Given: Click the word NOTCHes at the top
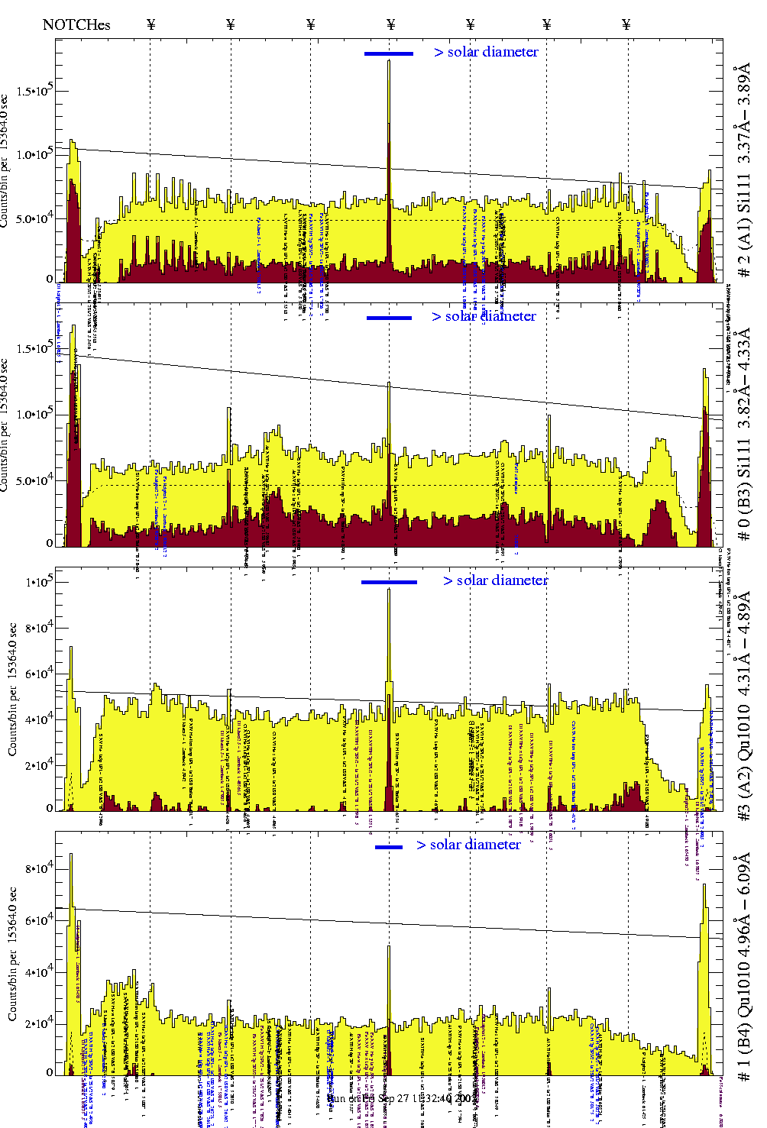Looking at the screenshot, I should click(x=76, y=24).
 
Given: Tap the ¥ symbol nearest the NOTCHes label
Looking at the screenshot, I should click(x=151, y=24).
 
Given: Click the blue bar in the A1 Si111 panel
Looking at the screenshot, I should click(x=389, y=53).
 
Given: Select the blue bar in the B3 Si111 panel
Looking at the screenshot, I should click(x=389, y=318).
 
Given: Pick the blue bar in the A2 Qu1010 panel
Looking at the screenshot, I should click(x=389, y=582).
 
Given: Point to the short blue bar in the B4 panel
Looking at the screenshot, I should click(x=389, y=847).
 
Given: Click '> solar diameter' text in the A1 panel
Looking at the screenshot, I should click(x=486, y=52).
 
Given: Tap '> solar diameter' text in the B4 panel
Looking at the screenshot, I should click(x=468, y=845).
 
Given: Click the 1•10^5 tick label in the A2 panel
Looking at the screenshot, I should click(x=38, y=582).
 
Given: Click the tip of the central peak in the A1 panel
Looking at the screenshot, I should click(x=389, y=61).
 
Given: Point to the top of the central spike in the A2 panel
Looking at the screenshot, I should click(x=389, y=590).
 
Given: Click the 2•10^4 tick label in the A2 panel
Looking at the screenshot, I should click(x=38, y=766).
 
